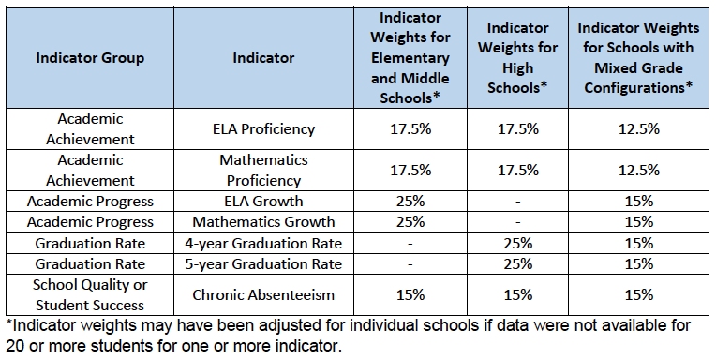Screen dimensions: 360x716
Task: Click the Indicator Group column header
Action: [x=90, y=58]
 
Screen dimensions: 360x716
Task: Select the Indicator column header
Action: [x=263, y=58]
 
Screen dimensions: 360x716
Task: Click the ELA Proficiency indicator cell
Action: [x=263, y=129]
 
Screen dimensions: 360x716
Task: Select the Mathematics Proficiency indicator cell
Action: [x=263, y=170]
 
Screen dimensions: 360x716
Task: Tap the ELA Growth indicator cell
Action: [x=263, y=201]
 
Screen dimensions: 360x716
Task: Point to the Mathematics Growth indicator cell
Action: [x=263, y=222]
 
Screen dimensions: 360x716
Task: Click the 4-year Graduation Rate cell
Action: [x=263, y=244]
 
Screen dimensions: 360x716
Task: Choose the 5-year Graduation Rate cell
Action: [x=263, y=264]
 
